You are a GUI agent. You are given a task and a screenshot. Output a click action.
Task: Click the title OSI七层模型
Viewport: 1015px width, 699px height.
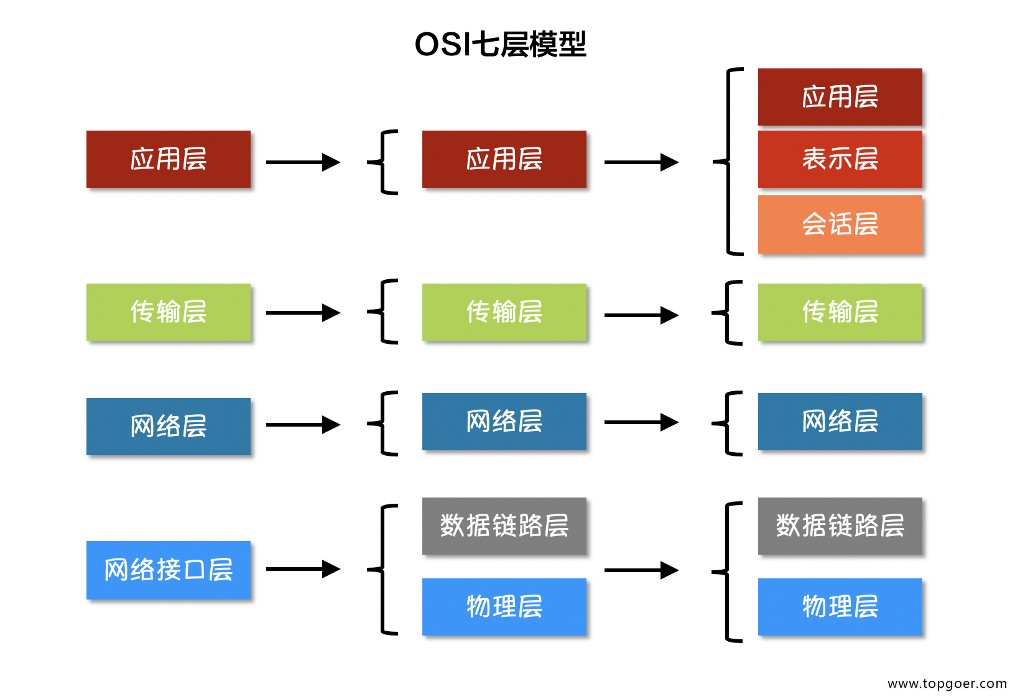pos(500,44)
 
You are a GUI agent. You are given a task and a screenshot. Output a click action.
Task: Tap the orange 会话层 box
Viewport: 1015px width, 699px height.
pos(840,224)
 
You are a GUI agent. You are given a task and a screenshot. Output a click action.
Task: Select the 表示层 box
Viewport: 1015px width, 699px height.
pos(840,159)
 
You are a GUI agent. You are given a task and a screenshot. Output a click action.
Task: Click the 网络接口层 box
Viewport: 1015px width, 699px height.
pos(168,570)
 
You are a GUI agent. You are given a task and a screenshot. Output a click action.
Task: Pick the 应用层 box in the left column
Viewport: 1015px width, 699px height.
pos(168,159)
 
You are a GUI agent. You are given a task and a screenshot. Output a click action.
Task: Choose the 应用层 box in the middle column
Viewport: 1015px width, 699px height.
pos(504,159)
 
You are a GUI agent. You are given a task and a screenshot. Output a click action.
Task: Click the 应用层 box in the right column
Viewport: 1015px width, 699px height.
pos(840,96)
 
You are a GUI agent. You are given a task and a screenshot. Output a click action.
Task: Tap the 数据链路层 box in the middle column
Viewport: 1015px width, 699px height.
pos(504,525)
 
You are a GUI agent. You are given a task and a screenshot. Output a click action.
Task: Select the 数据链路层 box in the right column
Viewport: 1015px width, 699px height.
pos(840,525)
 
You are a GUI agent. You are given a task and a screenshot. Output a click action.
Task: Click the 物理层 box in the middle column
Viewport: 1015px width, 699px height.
pos(504,606)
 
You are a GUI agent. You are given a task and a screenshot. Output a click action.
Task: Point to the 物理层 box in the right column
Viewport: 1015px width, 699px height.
pos(840,606)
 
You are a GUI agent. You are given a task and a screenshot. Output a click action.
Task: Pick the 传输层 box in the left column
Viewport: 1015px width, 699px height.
pos(168,312)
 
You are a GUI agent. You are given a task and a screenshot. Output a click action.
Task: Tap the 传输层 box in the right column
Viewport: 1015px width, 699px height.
pos(840,312)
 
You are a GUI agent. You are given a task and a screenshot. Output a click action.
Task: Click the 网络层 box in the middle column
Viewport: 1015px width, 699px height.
pos(504,421)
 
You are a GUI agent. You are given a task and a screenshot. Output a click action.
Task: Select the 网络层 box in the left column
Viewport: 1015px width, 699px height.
pos(168,426)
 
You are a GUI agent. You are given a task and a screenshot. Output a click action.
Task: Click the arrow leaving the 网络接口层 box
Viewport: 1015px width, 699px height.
pos(303,569)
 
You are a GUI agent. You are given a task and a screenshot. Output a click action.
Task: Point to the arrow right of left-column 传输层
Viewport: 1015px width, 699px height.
pos(303,313)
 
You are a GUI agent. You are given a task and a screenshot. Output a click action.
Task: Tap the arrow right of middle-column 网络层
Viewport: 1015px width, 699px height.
pos(641,422)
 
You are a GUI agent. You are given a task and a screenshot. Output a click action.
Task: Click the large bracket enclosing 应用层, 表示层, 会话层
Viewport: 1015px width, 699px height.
pos(730,162)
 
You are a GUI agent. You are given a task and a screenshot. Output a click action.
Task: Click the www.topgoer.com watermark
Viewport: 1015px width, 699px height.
pos(947,683)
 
